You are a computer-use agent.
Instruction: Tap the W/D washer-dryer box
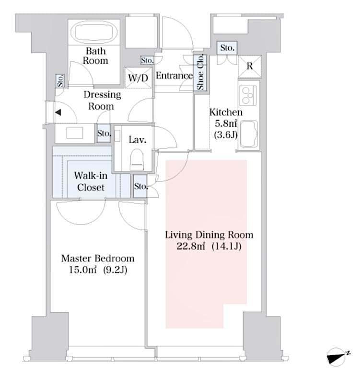click(x=138, y=78)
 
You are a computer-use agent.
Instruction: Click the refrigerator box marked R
click(x=249, y=67)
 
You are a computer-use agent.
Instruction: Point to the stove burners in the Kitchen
click(x=248, y=95)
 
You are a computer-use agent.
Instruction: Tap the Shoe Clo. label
click(x=200, y=72)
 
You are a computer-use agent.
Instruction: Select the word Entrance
click(x=174, y=76)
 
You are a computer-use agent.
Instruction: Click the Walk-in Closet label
click(x=91, y=181)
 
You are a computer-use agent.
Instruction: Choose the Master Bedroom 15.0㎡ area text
click(x=97, y=270)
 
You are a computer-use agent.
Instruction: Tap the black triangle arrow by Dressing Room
click(x=58, y=113)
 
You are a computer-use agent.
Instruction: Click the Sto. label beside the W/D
click(x=147, y=60)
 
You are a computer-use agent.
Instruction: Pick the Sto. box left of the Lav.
click(x=104, y=134)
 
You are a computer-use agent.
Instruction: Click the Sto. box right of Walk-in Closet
click(x=140, y=186)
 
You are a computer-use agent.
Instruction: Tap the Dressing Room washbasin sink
click(x=75, y=134)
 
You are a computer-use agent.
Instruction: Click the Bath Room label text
click(x=95, y=56)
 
